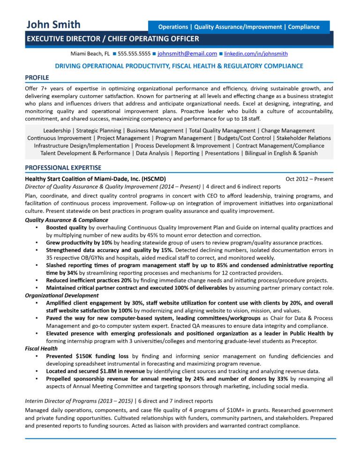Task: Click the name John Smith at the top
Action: [53, 24]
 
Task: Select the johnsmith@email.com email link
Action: [187, 54]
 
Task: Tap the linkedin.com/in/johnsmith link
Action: [256, 54]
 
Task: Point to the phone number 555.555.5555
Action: [134, 54]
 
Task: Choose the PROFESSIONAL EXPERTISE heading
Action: [63, 167]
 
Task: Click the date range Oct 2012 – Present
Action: [309, 179]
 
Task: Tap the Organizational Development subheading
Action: [61, 295]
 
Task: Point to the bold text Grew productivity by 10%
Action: [79, 243]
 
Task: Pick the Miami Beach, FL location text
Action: [90, 54]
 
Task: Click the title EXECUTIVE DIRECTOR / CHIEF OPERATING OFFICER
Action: [112, 39]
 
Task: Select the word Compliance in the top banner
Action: [304, 27]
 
